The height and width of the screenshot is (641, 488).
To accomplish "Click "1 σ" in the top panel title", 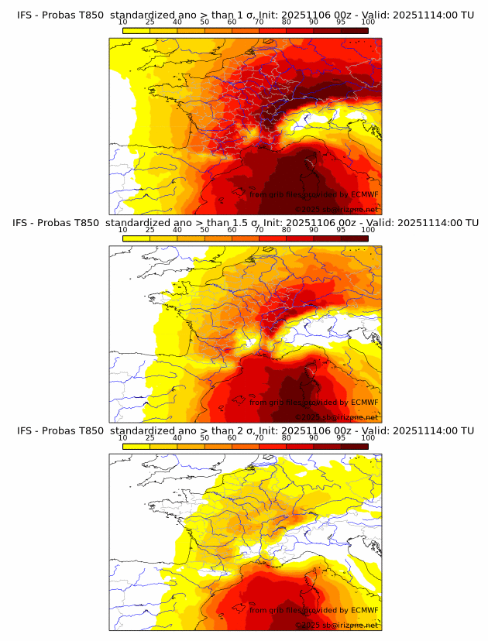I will [239, 14].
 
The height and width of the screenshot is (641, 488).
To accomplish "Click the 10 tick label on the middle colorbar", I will [123, 230].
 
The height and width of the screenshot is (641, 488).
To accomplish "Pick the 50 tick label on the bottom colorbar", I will [204, 438].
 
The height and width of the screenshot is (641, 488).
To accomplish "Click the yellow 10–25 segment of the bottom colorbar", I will [136, 446].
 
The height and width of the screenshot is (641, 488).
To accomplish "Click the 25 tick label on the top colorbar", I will [150, 22].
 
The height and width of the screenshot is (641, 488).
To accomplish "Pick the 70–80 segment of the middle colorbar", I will [273, 238].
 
